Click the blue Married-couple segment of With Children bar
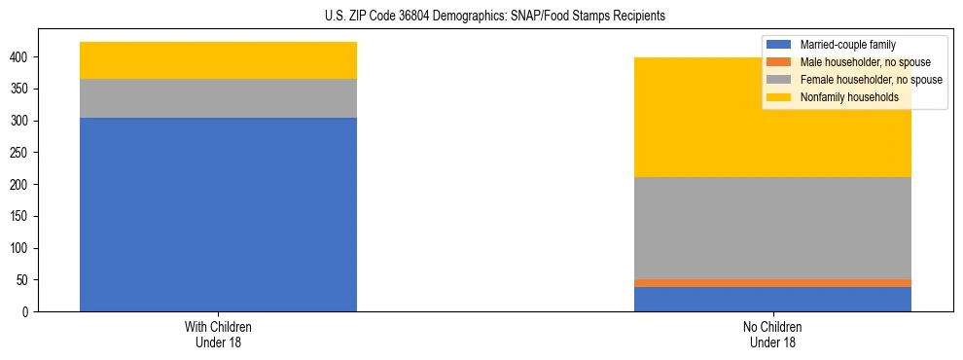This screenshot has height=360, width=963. point(218,214)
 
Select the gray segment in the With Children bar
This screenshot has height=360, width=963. point(218,98)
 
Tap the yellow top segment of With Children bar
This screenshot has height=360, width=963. point(218,60)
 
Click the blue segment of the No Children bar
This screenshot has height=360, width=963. point(772,299)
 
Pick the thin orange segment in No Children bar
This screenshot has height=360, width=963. point(772,283)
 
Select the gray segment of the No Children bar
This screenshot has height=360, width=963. point(772,228)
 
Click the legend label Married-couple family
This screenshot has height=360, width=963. point(847,45)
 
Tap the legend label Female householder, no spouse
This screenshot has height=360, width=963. point(871,80)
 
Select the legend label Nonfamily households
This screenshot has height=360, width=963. point(848,97)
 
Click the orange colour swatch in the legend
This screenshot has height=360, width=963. point(779,62)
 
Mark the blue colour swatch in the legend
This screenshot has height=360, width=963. point(779,45)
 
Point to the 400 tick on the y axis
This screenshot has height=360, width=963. point(22,57)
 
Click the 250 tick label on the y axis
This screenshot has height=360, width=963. point(22,153)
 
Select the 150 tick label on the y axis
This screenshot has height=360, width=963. point(22,217)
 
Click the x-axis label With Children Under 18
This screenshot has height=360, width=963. point(218,335)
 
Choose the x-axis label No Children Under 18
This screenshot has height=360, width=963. point(772,335)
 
